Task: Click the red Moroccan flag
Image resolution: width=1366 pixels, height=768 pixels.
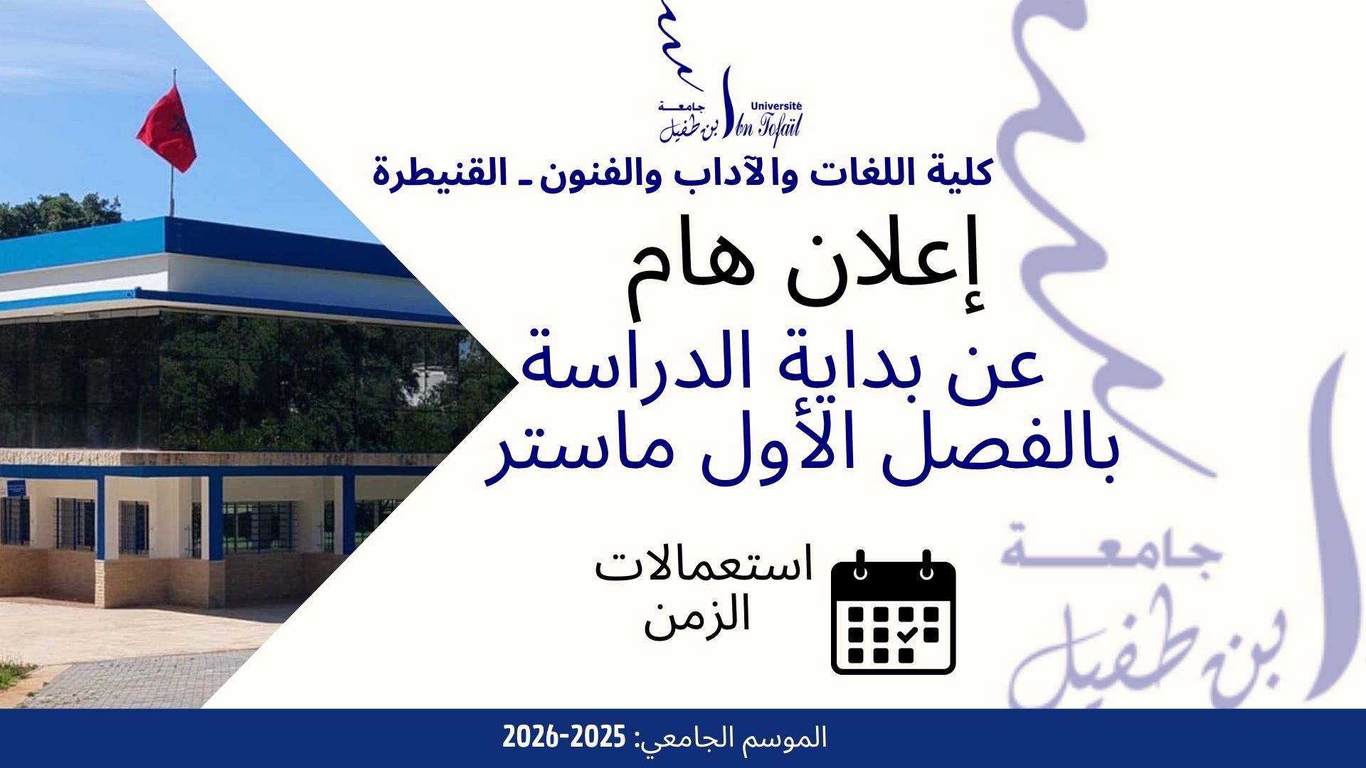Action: tap(166, 128)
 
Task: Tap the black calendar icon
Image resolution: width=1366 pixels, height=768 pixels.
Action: tap(894, 612)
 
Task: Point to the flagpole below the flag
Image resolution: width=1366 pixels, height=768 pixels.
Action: tap(171, 192)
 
